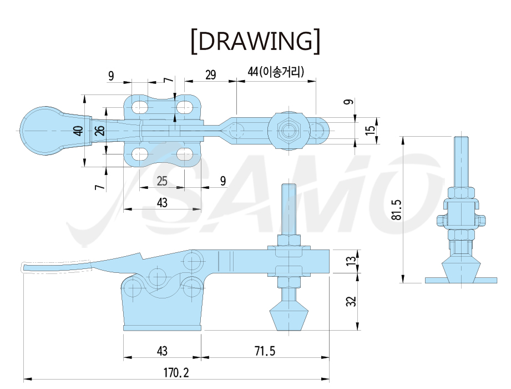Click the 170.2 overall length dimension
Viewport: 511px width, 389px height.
176,372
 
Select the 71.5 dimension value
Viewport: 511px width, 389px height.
265,351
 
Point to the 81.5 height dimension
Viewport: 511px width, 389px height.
397,210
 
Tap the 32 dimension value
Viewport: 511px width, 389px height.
351,301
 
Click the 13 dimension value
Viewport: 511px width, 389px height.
351,261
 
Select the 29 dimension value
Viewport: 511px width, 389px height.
210,74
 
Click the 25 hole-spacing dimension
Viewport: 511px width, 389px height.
162,181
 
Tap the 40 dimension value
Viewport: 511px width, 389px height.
79,131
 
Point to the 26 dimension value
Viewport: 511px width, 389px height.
100,130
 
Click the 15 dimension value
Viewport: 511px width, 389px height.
370,130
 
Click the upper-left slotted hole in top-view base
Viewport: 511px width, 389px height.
140,107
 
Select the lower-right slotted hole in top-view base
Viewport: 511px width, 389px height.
185,154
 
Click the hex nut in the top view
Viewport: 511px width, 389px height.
288,131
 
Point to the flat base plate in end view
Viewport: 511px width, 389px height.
461,280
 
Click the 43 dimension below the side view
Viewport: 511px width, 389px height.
162,351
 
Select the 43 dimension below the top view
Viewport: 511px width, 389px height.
162,203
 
